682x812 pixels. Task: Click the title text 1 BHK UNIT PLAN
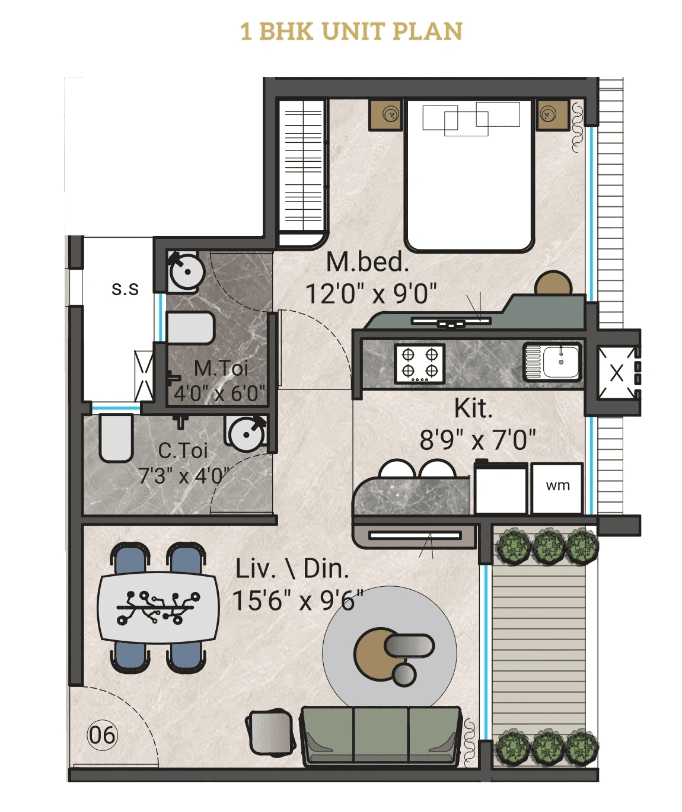pos(351,32)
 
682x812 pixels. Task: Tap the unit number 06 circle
pos(103,736)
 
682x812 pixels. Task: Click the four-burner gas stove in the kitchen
pos(420,363)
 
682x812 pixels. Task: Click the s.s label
pos(125,289)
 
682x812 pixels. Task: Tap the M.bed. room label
pos(368,262)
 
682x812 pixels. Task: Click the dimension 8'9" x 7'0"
pos(477,440)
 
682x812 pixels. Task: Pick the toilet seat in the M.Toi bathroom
pos(189,328)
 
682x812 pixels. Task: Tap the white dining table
pos(158,608)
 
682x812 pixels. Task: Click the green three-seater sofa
pos(381,735)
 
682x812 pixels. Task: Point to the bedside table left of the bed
pos(385,114)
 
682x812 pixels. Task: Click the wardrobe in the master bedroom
pos(303,172)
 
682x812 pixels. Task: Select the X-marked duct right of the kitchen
pos(616,373)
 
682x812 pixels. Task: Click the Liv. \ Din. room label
pos(292,568)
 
